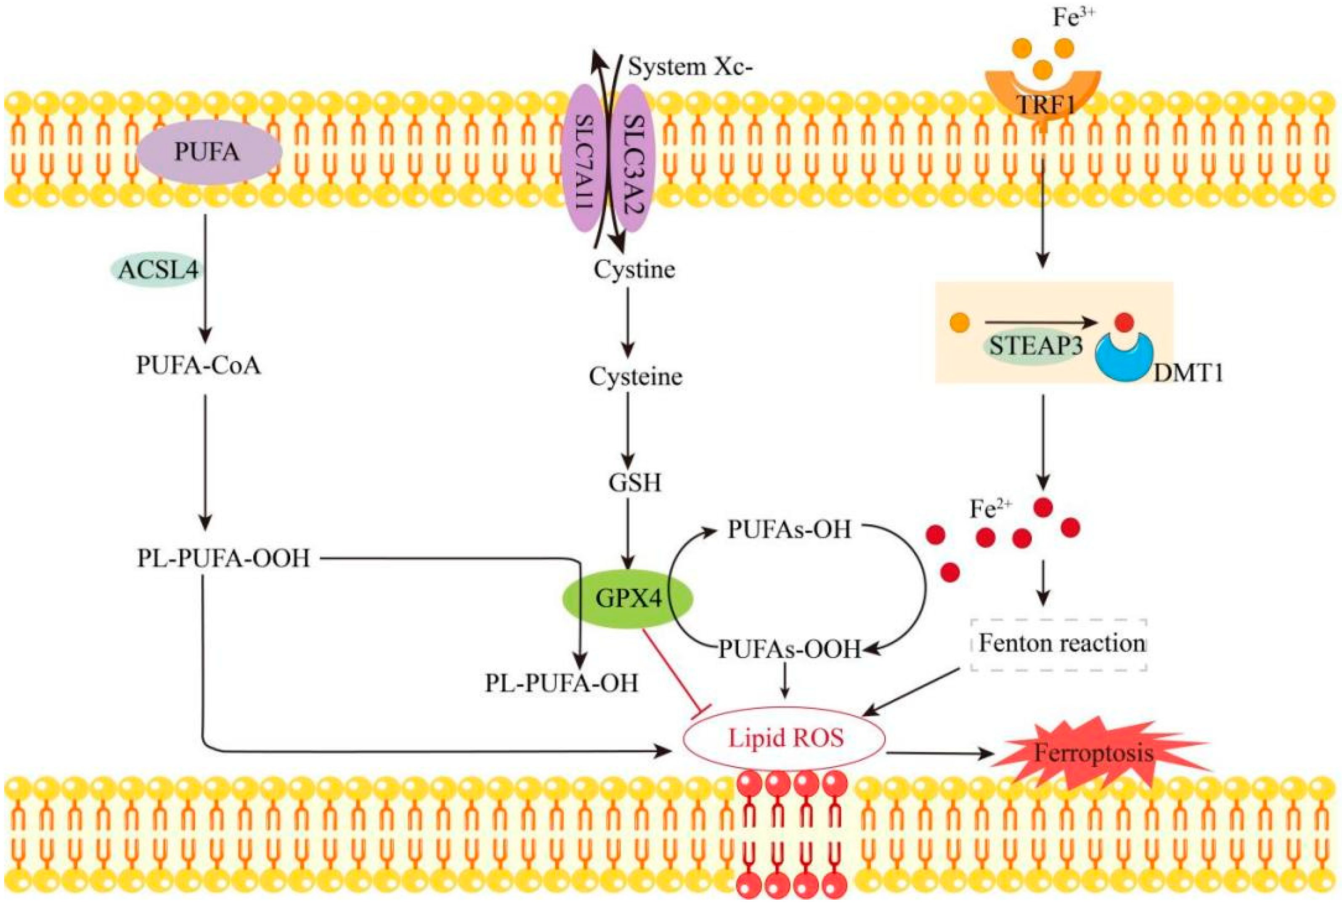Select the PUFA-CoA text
198,366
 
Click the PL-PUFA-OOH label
223,558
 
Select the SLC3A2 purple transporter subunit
633,159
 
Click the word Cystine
634,270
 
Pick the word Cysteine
635,377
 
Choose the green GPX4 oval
628,598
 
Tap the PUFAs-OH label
789,529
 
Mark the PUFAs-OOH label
789,650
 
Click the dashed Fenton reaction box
1058,644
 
